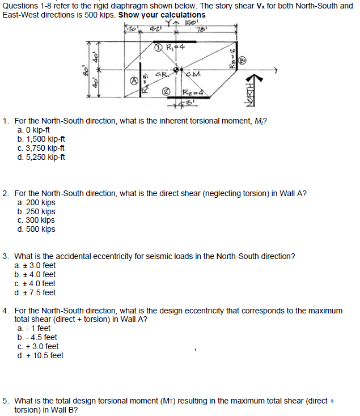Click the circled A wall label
coord(135,82)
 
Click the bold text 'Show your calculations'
coord(162,15)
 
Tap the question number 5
coord(5,401)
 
